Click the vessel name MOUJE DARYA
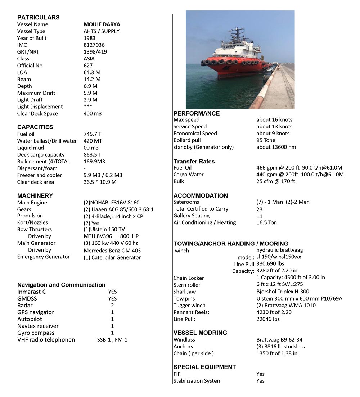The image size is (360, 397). [x=102, y=24]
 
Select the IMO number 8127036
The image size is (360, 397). [x=94, y=45]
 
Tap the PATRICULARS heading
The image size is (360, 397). [x=39, y=17]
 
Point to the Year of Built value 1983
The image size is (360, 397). [x=90, y=38]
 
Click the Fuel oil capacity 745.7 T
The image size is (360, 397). [x=93, y=134]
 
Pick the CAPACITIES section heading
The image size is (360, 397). [x=35, y=127]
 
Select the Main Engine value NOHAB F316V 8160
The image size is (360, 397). [x=111, y=203]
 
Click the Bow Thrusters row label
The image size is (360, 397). [x=35, y=229]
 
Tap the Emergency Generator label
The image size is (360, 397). [x=43, y=257]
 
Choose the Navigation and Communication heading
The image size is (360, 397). [x=61, y=285]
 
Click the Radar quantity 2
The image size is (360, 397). [x=112, y=305]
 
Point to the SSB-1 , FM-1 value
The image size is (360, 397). [x=112, y=340]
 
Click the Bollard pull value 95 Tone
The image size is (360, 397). [x=266, y=140]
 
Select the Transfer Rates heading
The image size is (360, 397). [x=194, y=161]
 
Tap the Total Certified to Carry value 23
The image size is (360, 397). [x=260, y=209]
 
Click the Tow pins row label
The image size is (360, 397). [x=184, y=298]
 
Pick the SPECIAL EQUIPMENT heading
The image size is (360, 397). [x=204, y=367]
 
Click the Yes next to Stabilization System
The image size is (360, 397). [x=260, y=380]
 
